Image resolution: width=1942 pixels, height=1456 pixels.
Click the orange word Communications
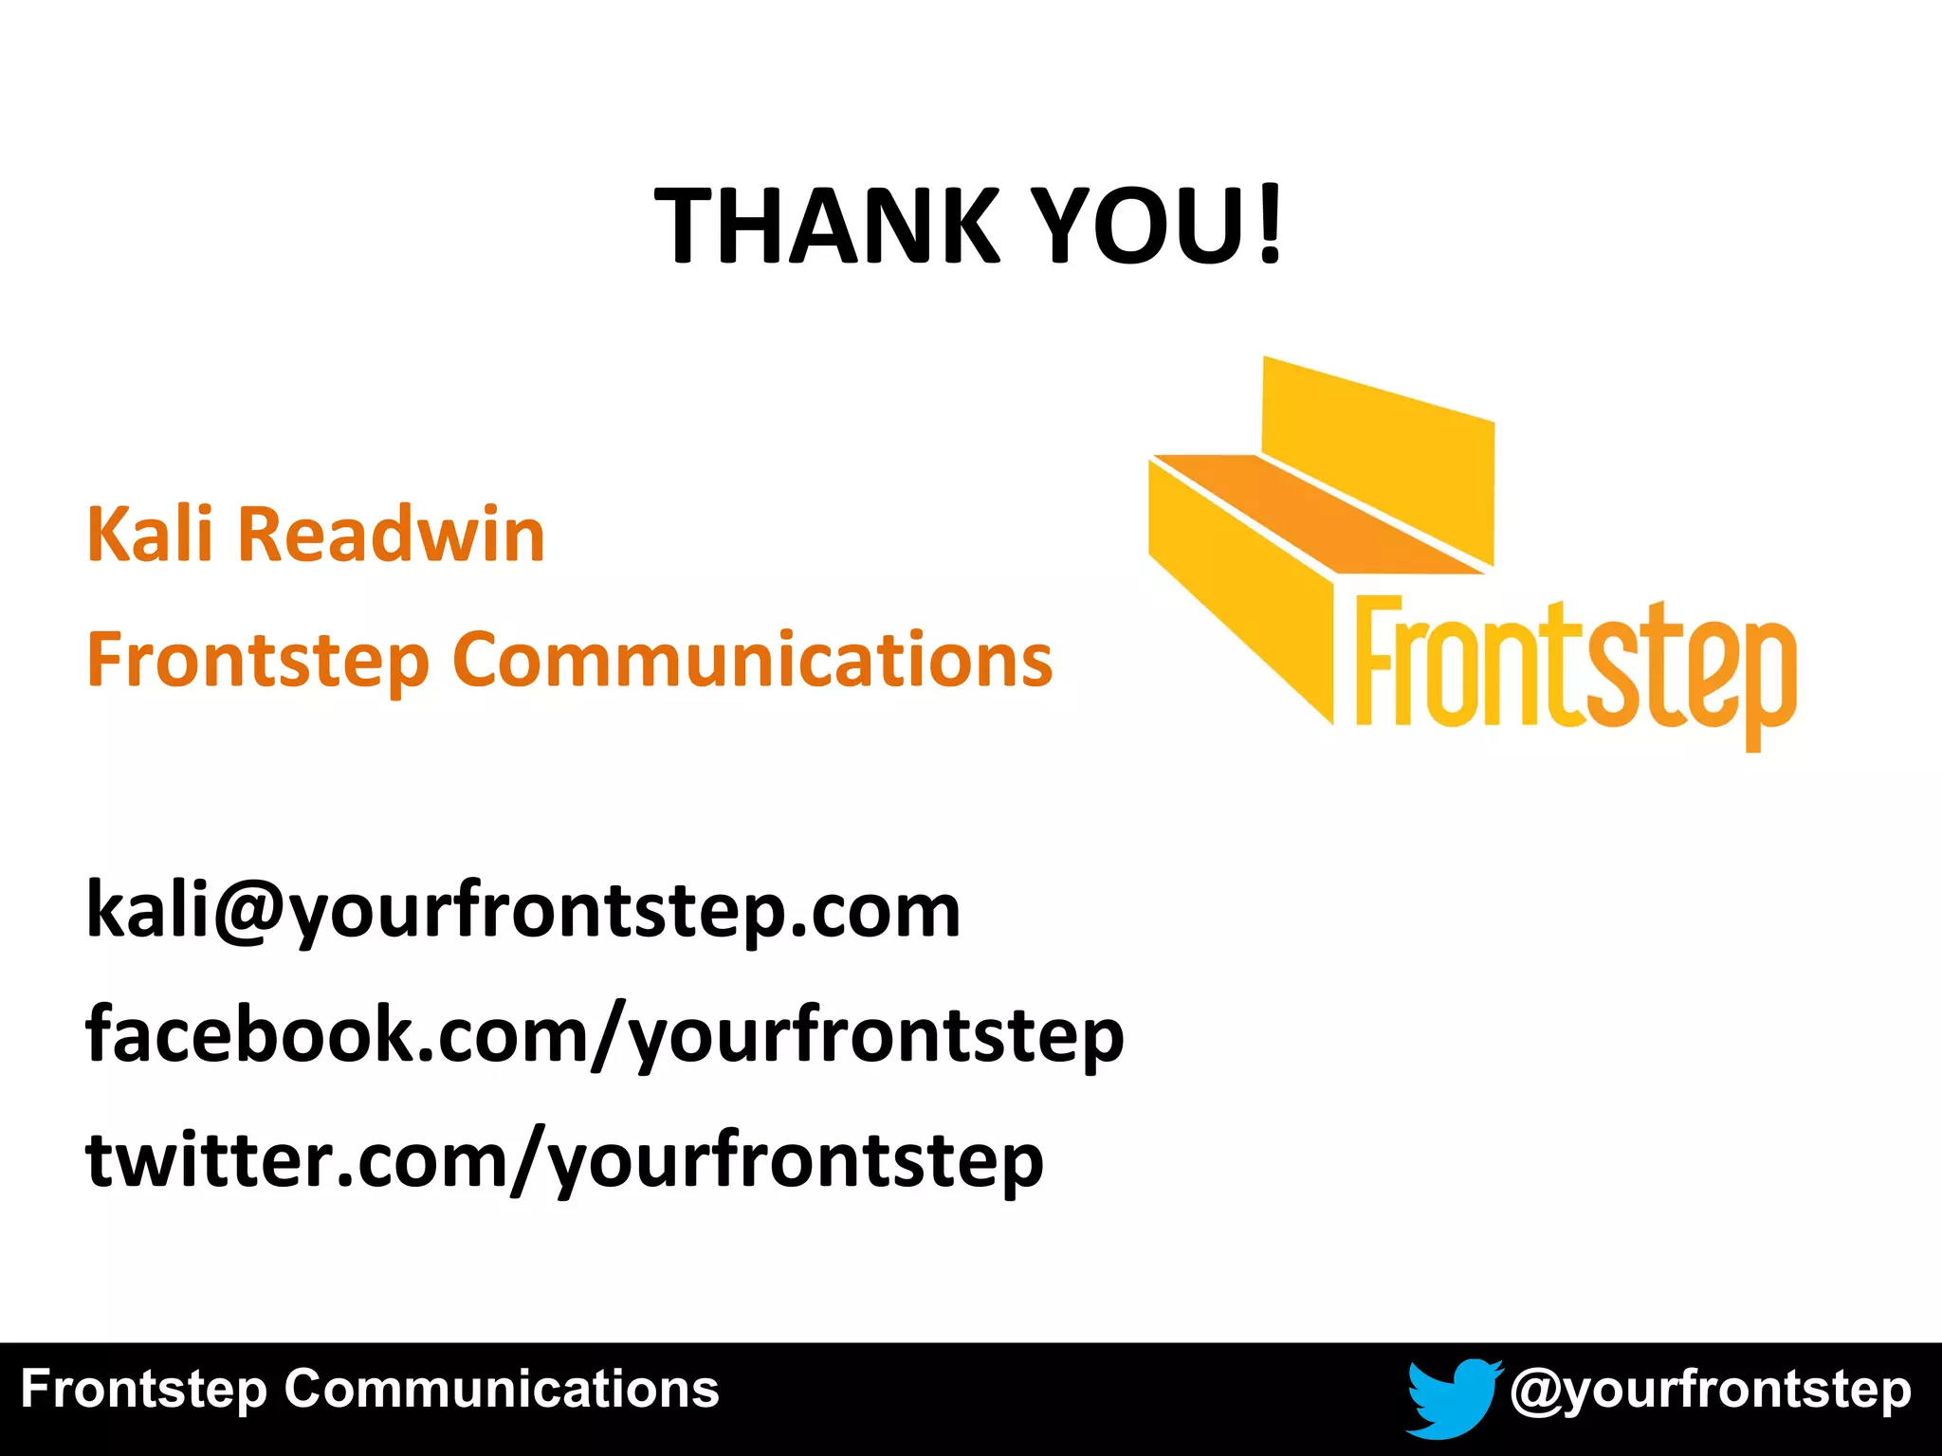(753, 661)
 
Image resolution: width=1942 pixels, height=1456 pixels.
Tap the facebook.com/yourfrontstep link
(605, 1035)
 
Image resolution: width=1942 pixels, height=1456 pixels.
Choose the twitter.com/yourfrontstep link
(565, 1160)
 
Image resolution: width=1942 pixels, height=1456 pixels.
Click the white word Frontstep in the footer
(143, 1391)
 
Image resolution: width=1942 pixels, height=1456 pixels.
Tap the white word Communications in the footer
(502, 1391)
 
